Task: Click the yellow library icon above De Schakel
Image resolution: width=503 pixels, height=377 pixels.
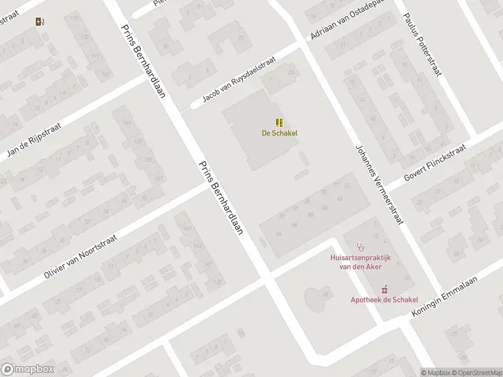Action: point(280,122)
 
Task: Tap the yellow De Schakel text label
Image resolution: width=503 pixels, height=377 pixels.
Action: point(280,133)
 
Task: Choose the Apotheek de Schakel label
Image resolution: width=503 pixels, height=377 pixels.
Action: point(384,300)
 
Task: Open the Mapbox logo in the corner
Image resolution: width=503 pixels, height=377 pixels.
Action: point(27,369)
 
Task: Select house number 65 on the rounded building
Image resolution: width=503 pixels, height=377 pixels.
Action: point(326,294)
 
